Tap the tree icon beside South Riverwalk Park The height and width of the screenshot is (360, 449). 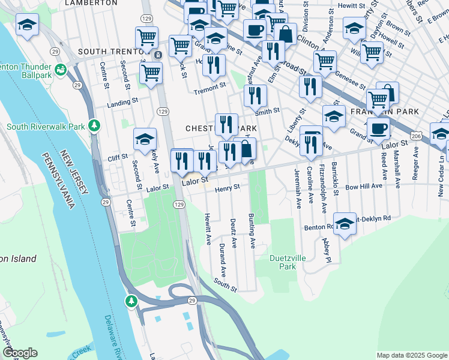[x=94, y=125]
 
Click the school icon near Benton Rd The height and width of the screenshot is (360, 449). [x=345, y=224]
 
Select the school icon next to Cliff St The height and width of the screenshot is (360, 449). [x=145, y=140]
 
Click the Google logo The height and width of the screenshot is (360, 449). [x=20, y=353]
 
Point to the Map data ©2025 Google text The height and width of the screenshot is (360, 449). [x=411, y=355]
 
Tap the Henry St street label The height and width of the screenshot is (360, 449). [x=228, y=188]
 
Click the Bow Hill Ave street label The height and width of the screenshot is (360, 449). [x=364, y=187]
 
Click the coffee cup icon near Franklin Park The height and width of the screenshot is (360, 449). [x=378, y=128]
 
